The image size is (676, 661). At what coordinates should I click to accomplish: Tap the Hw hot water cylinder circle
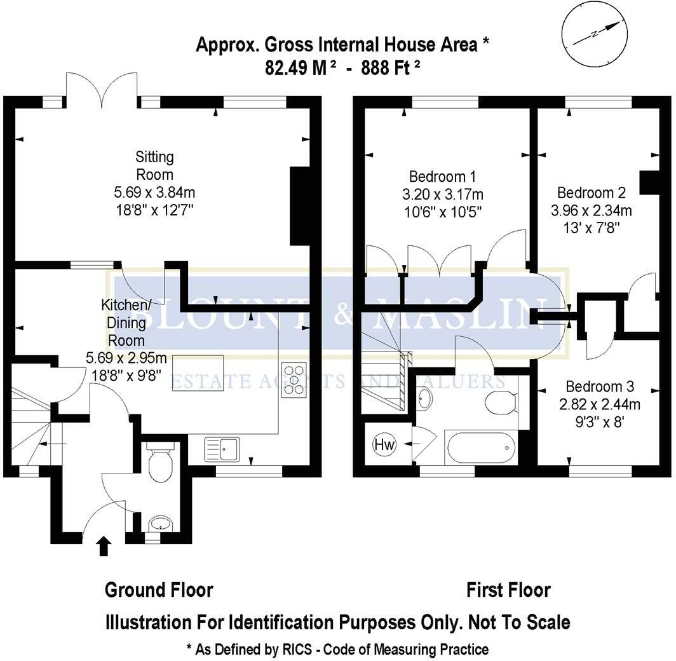(384, 444)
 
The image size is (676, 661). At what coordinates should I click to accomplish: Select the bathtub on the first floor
(480, 447)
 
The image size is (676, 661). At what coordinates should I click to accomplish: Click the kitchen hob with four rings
(294, 379)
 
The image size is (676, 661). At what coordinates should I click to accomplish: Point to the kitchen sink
(222, 449)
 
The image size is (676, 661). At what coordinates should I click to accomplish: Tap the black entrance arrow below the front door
(104, 546)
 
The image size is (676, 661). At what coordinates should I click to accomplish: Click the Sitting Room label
(154, 166)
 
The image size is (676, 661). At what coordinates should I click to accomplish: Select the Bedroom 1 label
(442, 176)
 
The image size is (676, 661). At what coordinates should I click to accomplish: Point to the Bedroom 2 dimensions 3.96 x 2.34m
(591, 210)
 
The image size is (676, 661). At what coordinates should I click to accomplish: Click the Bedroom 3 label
(600, 386)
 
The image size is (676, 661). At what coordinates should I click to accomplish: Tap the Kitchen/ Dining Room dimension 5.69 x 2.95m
(126, 357)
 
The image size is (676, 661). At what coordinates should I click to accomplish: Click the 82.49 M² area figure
(301, 67)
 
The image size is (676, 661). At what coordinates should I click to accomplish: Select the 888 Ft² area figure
(391, 67)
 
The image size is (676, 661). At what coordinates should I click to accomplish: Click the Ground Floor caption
(159, 590)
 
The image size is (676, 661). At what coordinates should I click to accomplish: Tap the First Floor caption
(509, 590)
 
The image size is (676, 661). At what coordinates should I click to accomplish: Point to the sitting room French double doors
(102, 90)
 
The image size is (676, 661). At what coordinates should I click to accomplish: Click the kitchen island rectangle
(198, 373)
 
